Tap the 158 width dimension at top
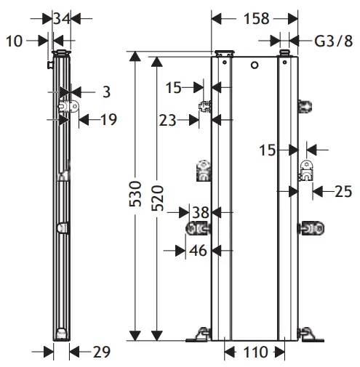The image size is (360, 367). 255,17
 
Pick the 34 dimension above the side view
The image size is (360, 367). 62,17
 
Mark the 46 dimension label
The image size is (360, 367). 199,250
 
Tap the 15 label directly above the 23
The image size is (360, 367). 172,87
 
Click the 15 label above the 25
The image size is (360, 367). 268,150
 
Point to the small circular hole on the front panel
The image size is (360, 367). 254,66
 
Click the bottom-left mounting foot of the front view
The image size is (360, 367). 198,335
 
